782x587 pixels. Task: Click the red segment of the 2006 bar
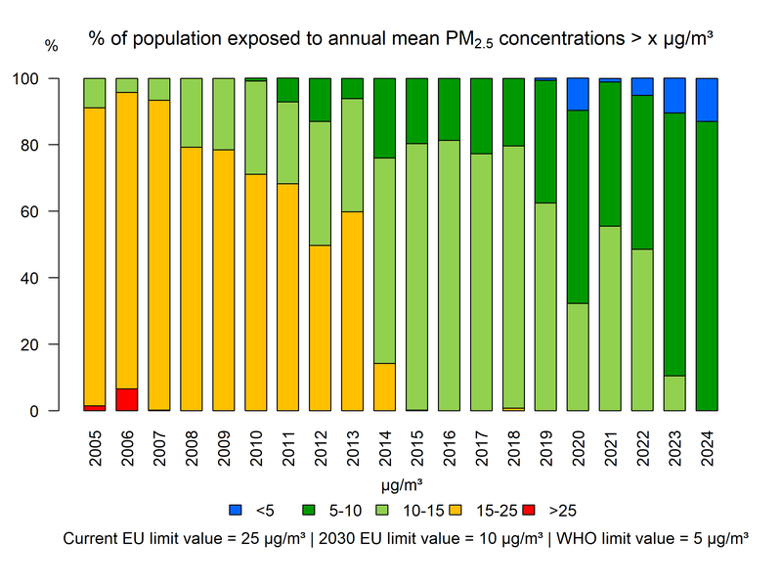(127, 399)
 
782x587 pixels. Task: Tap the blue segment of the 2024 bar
(707, 100)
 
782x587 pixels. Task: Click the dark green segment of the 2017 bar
(481, 115)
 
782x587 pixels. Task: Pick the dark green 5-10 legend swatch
(307, 510)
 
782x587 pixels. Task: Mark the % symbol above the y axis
(52, 46)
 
